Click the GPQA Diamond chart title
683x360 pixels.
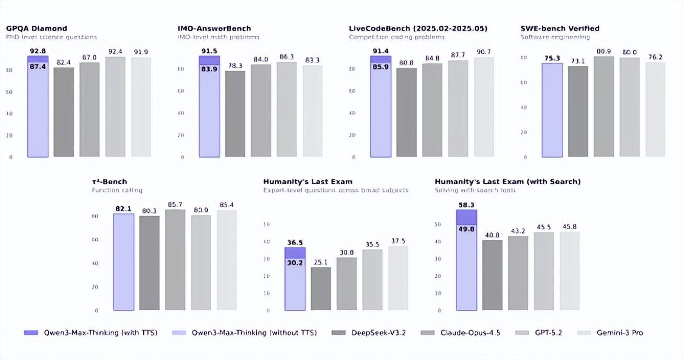36,28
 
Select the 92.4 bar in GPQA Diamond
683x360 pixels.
115,107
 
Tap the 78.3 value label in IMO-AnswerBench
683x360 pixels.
235,65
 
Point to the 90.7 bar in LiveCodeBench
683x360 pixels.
484,107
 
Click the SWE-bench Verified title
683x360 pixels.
560,28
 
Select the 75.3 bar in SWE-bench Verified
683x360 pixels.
552,110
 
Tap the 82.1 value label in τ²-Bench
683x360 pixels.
123,209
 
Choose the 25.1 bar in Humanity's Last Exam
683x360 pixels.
321,289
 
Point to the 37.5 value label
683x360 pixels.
397,241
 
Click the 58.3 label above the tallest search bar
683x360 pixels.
466,205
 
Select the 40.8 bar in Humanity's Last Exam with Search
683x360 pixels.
492,275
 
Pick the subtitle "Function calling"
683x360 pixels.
117,190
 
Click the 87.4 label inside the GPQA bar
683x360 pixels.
38,66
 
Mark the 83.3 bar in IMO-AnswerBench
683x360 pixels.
313,111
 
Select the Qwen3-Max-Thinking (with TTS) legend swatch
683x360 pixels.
31,332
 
